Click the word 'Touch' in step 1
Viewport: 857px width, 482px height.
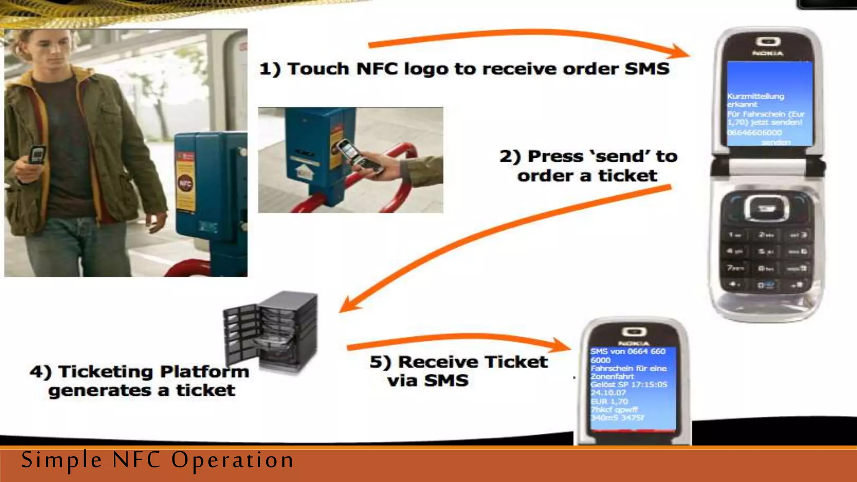tap(318, 69)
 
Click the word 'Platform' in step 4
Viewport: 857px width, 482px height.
tap(205, 372)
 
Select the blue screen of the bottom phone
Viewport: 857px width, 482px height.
tap(633, 387)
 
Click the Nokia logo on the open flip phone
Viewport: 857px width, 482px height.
tap(768, 54)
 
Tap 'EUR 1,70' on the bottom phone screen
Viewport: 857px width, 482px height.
tap(609, 401)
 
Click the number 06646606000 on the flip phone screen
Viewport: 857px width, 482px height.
tap(754, 133)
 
